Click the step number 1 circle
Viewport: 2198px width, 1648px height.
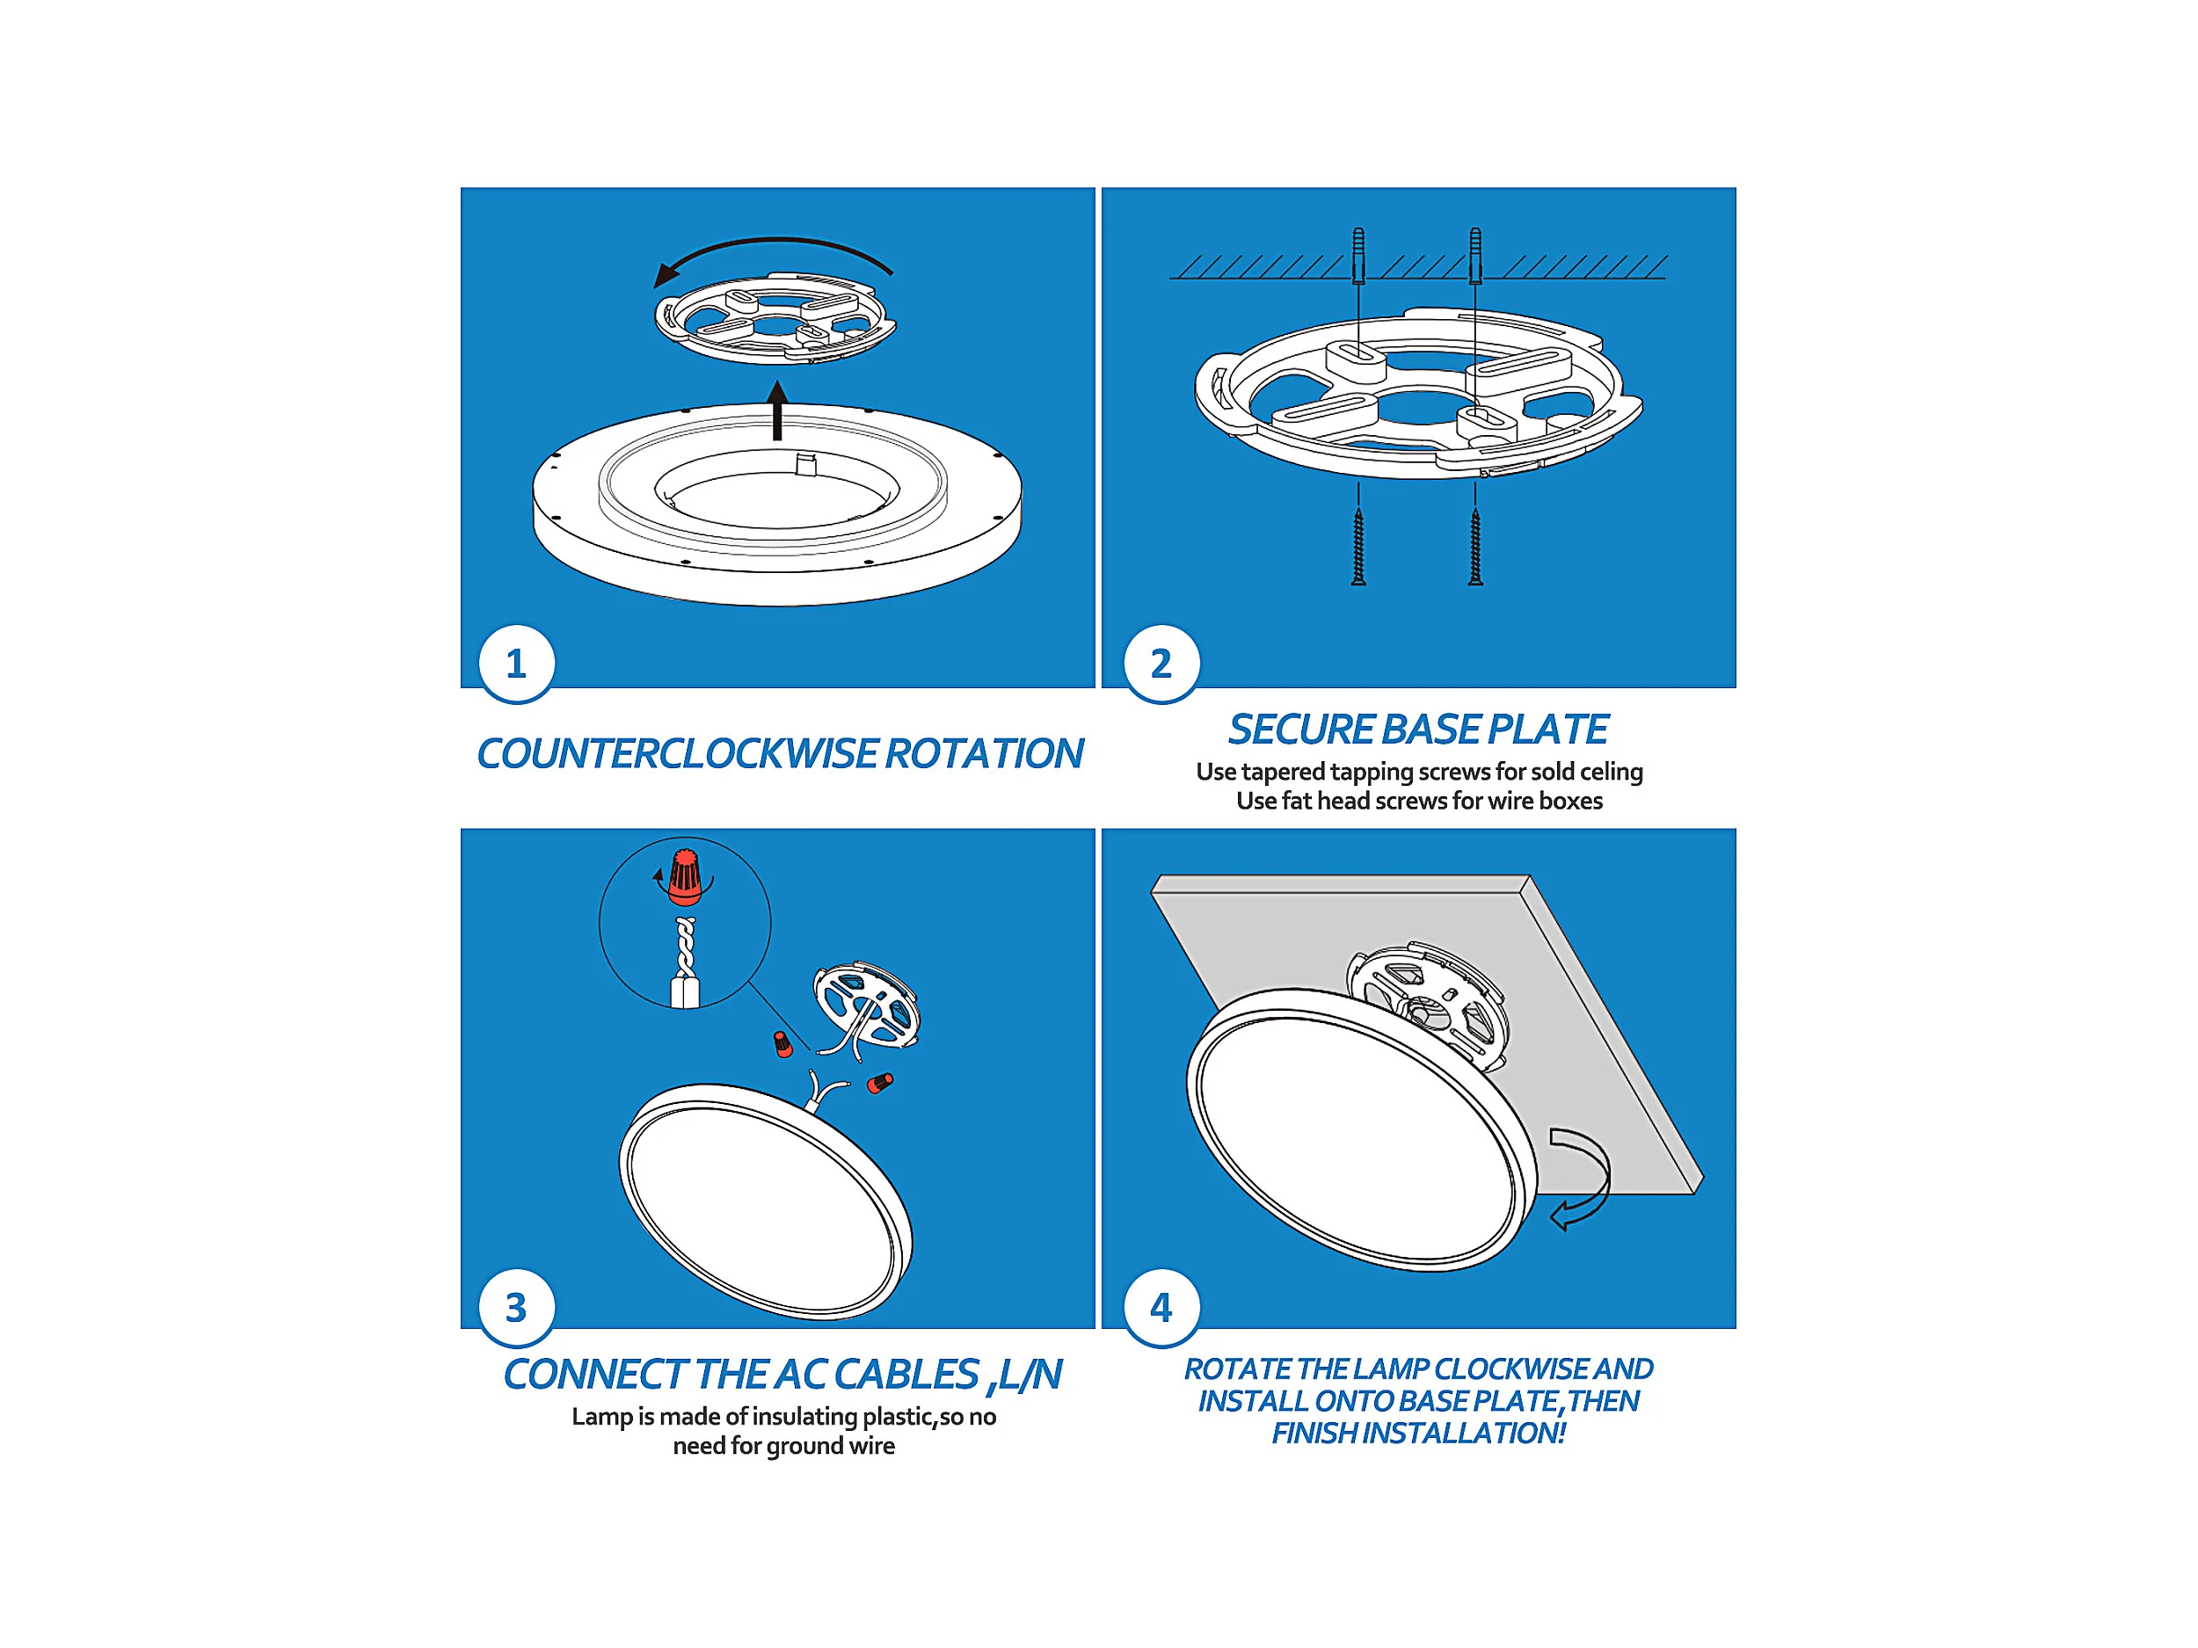pos(516,664)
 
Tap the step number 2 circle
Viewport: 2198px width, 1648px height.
pos(1161,664)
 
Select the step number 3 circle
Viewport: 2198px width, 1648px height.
pos(516,1307)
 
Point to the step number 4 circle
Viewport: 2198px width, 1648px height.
pos(1161,1307)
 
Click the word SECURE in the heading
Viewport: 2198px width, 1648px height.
pos(1300,730)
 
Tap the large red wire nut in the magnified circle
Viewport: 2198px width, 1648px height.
pos(686,877)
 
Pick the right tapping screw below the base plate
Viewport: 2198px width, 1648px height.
pos(1475,547)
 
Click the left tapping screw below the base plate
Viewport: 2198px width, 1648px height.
pos(1358,547)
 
